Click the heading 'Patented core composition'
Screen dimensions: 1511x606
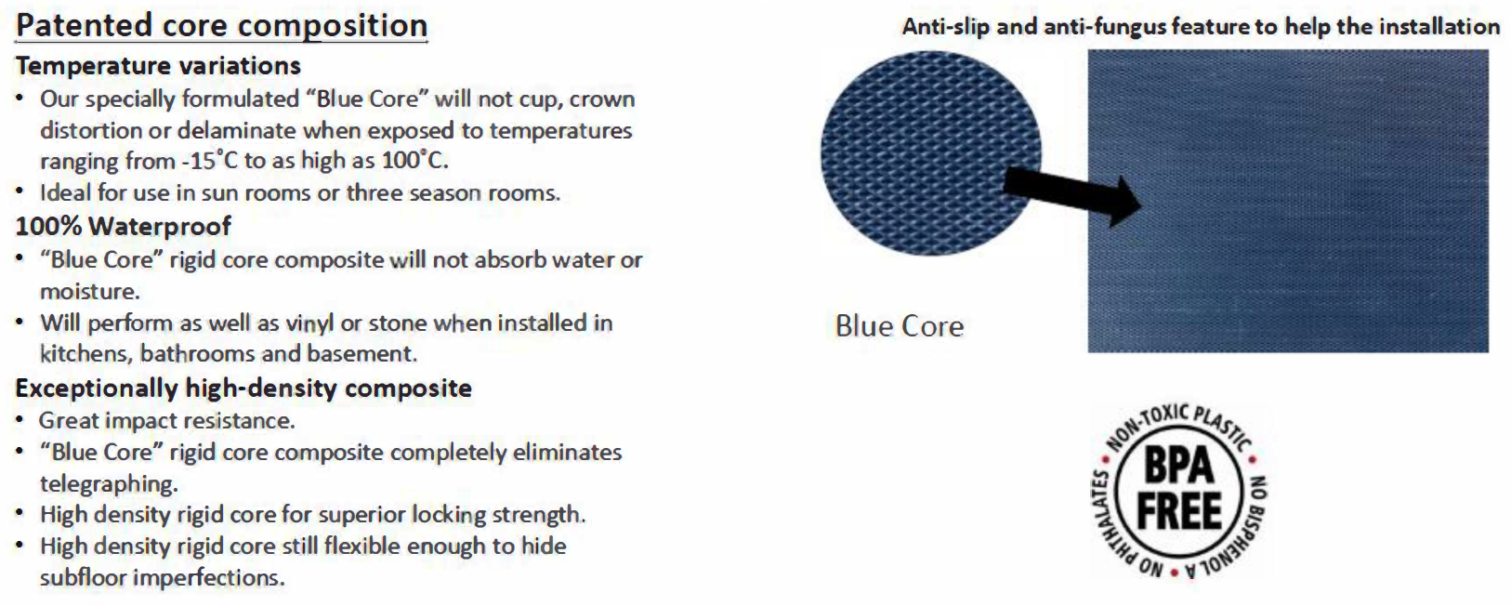[221, 26]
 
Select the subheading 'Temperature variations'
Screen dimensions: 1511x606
[158, 66]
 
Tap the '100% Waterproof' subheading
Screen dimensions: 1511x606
[123, 226]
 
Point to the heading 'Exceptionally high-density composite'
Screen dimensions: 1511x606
[243, 388]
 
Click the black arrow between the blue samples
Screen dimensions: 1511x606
[1071, 196]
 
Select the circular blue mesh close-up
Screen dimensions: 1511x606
[931, 154]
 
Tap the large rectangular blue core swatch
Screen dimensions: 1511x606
[1288, 201]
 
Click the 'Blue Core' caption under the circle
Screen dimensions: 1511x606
[900, 326]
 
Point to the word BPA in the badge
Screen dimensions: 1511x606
[1178, 467]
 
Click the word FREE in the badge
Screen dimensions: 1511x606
[1178, 511]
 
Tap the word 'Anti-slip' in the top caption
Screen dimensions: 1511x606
[946, 27]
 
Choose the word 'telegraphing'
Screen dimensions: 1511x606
[109, 484]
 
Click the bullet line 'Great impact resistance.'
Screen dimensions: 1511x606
[166, 421]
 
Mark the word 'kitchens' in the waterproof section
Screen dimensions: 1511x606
[86, 354]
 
